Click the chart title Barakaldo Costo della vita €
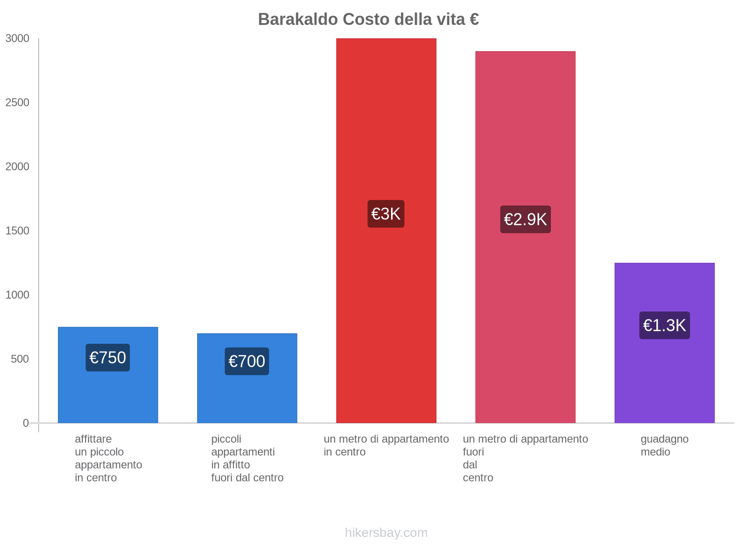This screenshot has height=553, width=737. [x=368, y=19]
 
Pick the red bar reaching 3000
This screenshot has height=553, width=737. [x=386, y=138]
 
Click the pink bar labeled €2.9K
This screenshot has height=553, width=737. [x=525, y=138]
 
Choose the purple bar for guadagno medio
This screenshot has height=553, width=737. [x=664, y=378]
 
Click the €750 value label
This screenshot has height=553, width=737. [x=108, y=358]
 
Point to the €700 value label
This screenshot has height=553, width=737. [x=247, y=361]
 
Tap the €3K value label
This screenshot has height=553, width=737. [x=386, y=214]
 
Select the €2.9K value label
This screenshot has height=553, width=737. [x=525, y=219]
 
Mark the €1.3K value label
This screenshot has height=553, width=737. [x=664, y=325]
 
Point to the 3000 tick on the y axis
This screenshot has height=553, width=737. [x=18, y=39]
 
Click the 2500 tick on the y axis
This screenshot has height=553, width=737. [x=18, y=103]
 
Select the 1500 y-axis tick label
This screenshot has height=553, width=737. [x=18, y=231]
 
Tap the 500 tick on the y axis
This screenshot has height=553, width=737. [x=20, y=359]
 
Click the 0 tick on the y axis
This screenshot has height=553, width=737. [x=26, y=423]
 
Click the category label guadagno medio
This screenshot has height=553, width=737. [x=664, y=446]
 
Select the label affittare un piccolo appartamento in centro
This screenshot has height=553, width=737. [x=108, y=458]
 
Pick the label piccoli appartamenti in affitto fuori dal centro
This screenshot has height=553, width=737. [x=247, y=458]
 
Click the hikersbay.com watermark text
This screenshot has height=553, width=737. [x=386, y=533]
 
